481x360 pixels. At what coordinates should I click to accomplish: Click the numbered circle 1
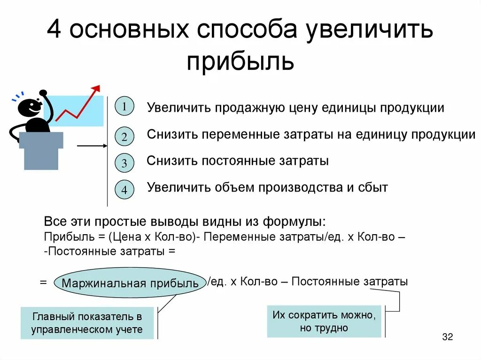(x=124, y=107)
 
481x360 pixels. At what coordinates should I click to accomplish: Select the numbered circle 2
(x=124, y=137)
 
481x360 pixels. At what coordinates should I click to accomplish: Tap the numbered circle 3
(x=124, y=163)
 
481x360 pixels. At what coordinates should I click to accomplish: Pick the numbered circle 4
(x=124, y=190)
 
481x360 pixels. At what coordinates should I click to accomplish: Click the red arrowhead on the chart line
(x=97, y=88)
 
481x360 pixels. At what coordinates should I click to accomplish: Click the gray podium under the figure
(x=41, y=149)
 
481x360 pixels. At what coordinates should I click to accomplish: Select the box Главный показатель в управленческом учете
(x=87, y=323)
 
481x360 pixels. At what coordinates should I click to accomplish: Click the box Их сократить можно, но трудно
(x=324, y=322)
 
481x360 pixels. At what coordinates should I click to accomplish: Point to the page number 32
(x=447, y=337)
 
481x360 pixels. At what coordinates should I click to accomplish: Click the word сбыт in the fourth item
(x=372, y=188)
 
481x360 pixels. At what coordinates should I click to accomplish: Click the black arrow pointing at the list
(x=92, y=146)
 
